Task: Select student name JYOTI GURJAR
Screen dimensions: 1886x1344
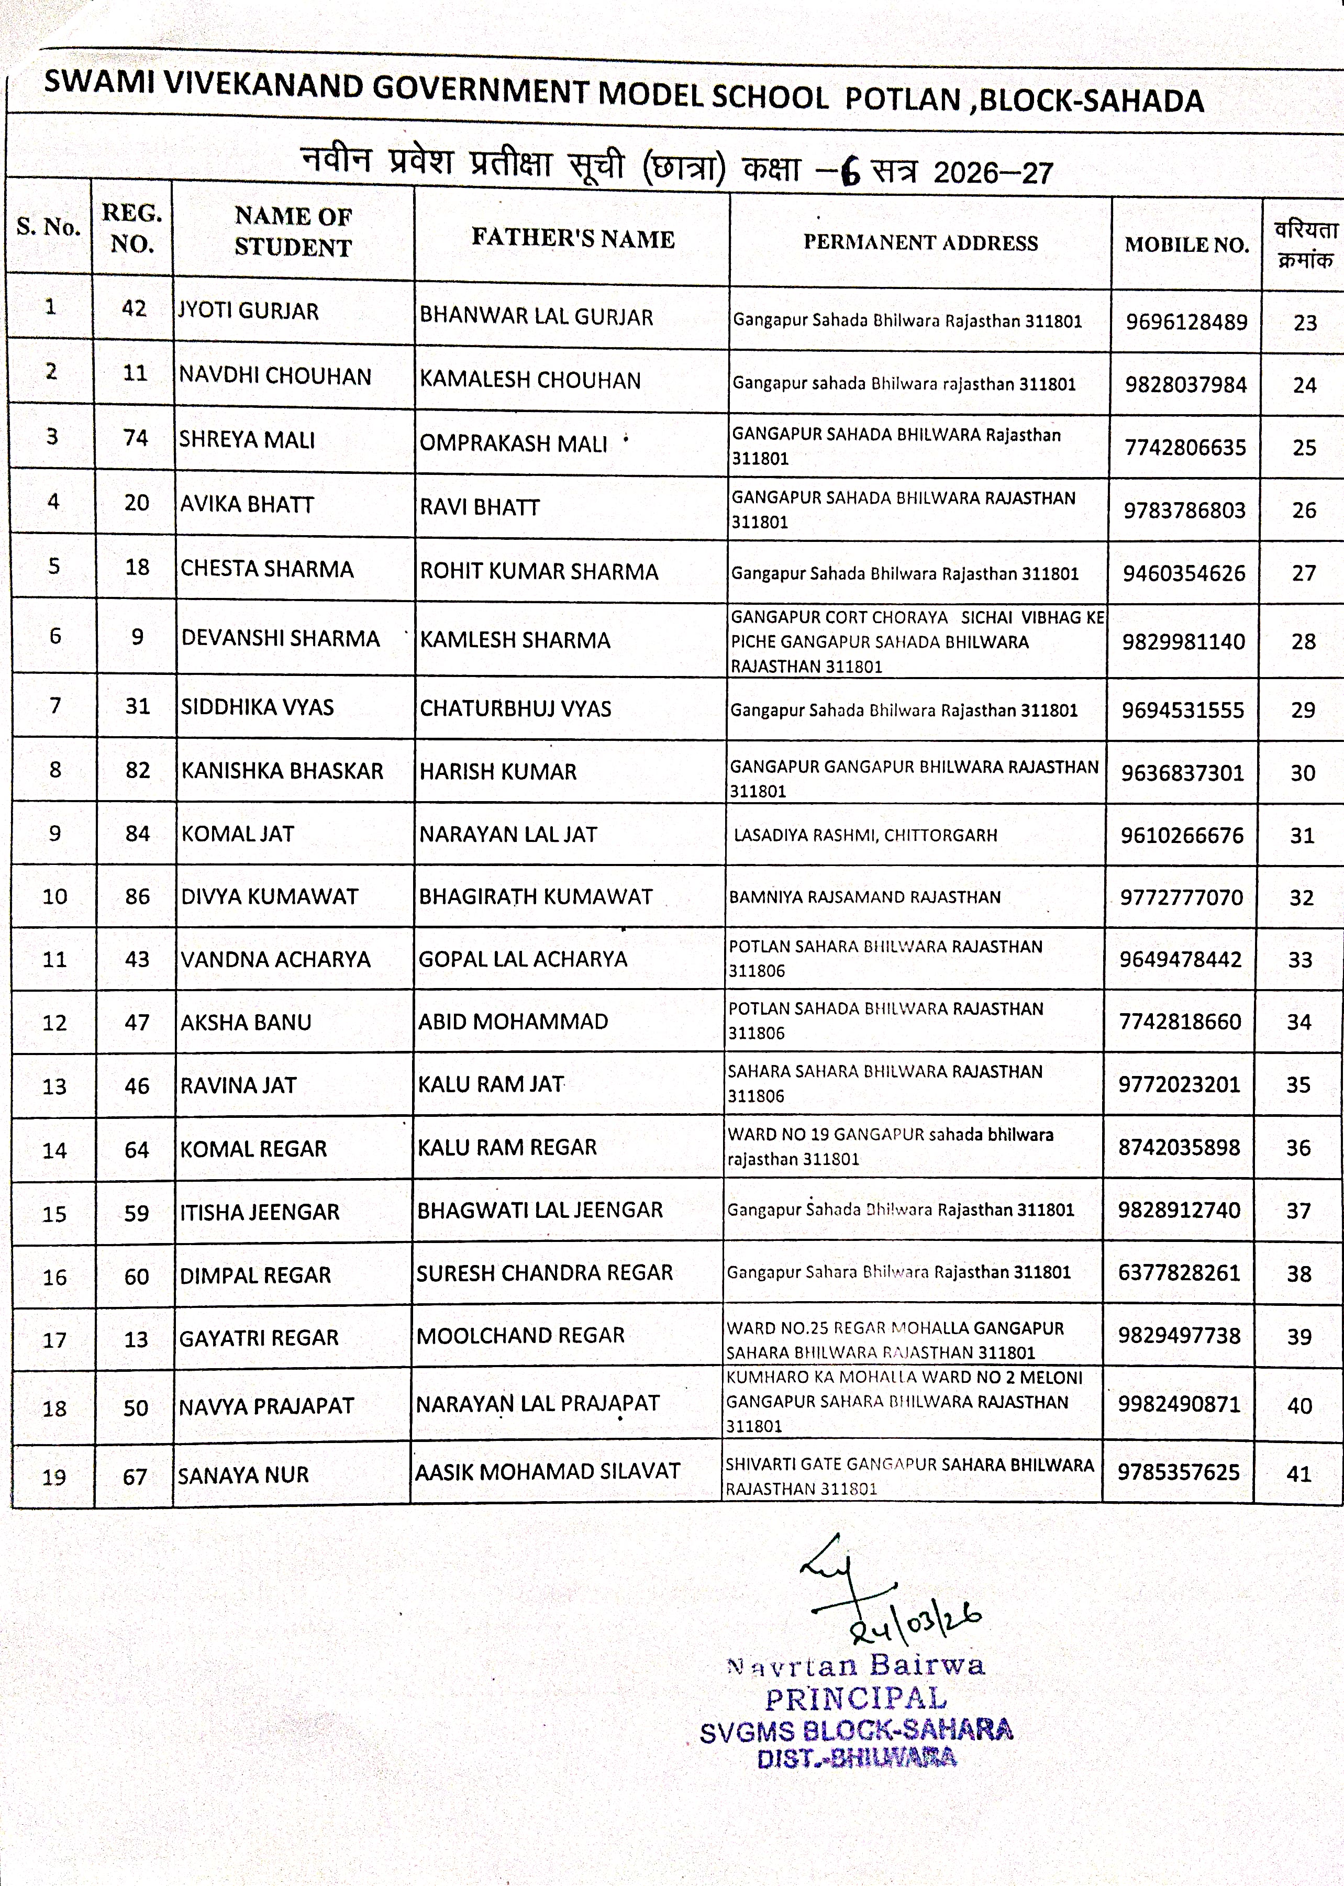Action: (x=248, y=311)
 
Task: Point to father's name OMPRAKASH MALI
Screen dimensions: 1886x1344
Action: (x=513, y=443)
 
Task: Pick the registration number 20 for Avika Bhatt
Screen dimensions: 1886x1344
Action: (x=137, y=502)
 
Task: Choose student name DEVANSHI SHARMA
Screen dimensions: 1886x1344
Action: (x=280, y=638)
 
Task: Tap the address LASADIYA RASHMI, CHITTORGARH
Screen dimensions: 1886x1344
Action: (x=865, y=835)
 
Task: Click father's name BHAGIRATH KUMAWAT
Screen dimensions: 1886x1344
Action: (x=535, y=896)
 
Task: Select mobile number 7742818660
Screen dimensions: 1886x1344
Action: (x=1179, y=1022)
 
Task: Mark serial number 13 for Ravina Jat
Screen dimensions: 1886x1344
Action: (x=54, y=1086)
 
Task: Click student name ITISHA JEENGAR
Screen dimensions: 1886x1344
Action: (x=259, y=1212)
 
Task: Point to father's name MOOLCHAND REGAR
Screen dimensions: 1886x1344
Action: (x=520, y=1336)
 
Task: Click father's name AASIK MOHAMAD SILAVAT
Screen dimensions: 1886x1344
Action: (x=547, y=1471)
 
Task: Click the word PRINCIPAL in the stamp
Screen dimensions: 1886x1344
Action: (x=855, y=1700)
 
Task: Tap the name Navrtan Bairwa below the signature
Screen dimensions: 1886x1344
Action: (x=855, y=1665)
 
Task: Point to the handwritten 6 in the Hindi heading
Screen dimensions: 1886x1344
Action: (x=849, y=171)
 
